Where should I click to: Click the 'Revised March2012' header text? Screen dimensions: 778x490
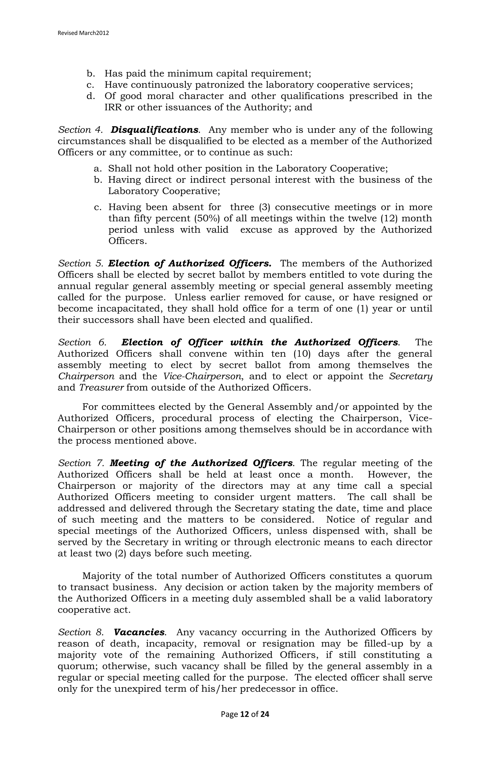(x=83, y=33)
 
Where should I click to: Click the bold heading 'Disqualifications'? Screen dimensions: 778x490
(x=155, y=130)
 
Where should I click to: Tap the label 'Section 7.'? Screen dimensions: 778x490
(x=81, y=463)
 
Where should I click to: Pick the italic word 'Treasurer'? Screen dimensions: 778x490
(x=101, y=387)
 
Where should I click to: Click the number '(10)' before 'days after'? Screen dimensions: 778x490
(x=302, y=354)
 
